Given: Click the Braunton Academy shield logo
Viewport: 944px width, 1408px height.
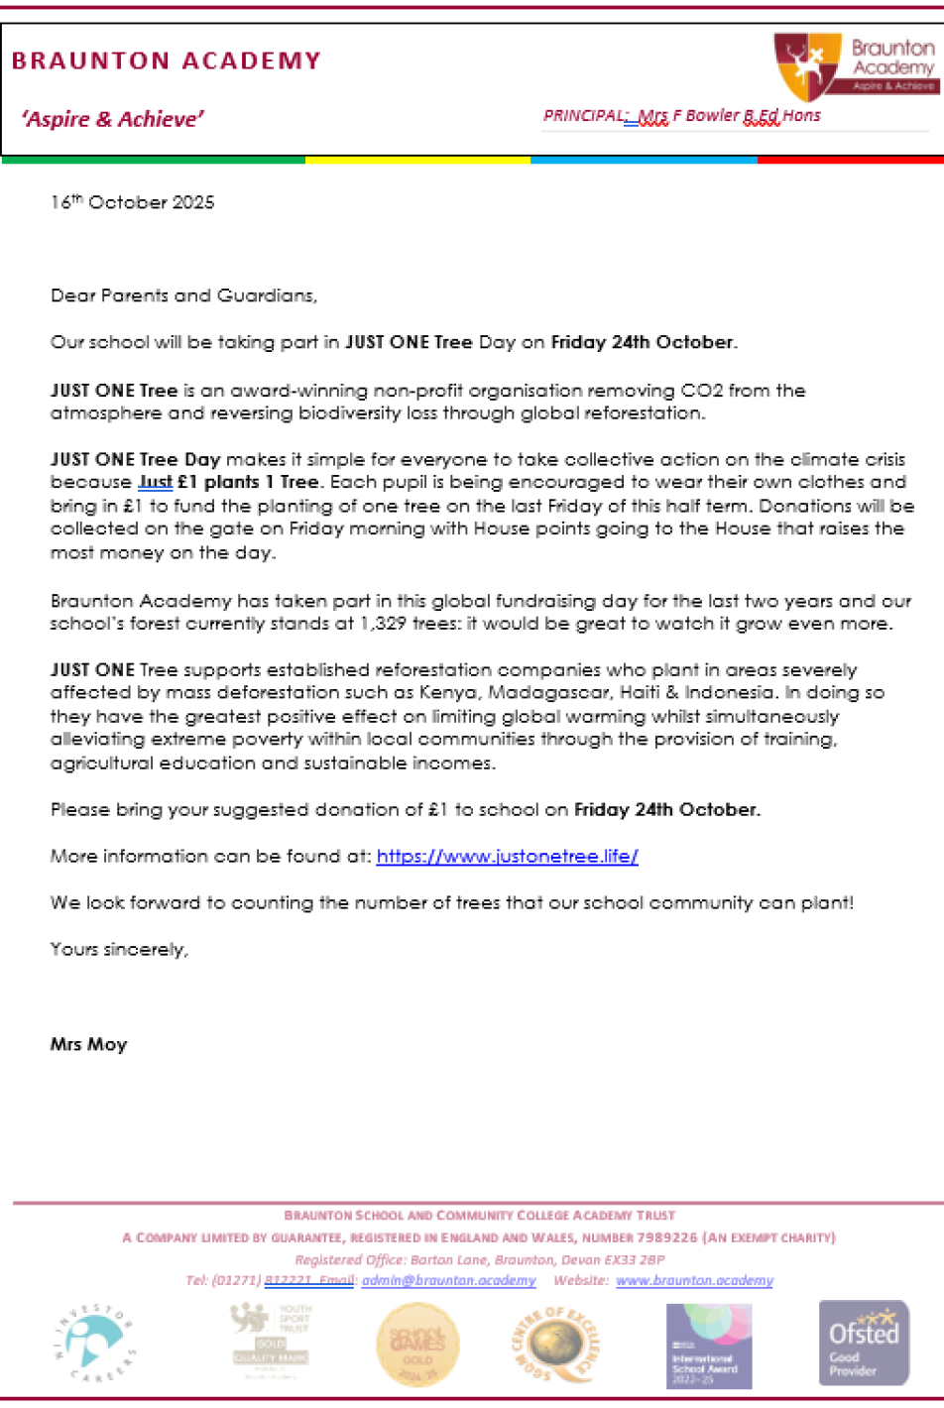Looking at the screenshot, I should tap(807, 65).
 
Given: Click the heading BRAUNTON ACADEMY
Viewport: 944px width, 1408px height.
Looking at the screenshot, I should tap(167, 61).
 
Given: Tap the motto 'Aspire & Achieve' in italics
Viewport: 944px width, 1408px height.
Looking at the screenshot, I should tap(113, 120).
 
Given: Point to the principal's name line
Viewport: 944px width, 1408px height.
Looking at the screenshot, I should tap(682, 116).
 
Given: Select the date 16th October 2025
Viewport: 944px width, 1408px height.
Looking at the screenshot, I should tap(132, 202).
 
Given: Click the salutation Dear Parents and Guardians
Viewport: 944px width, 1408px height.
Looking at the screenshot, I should tap(183, 295).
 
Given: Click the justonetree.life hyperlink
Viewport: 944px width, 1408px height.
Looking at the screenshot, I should tap(507, 856).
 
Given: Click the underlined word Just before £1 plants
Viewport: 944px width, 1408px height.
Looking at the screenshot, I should tap(155, 482).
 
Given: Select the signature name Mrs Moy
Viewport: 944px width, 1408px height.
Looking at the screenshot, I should tap(89, 1044).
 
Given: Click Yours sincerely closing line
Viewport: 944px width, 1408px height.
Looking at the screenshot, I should tap(119, 949).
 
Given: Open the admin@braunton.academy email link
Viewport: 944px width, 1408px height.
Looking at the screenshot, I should tap(448, 1280).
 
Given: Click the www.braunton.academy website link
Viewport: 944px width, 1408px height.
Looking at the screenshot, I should tap(694, 1280).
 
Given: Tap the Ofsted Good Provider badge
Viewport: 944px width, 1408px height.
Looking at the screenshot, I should tap(863, 1343).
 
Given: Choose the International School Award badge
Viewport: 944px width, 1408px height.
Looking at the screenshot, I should tap(709, 1346).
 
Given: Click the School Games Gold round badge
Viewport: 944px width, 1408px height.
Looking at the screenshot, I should tap(417, 1345).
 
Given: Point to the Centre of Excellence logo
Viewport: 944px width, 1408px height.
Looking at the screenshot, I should tap(555, 1345).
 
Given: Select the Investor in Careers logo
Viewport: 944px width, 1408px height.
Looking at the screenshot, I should tap(94, 1343).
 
